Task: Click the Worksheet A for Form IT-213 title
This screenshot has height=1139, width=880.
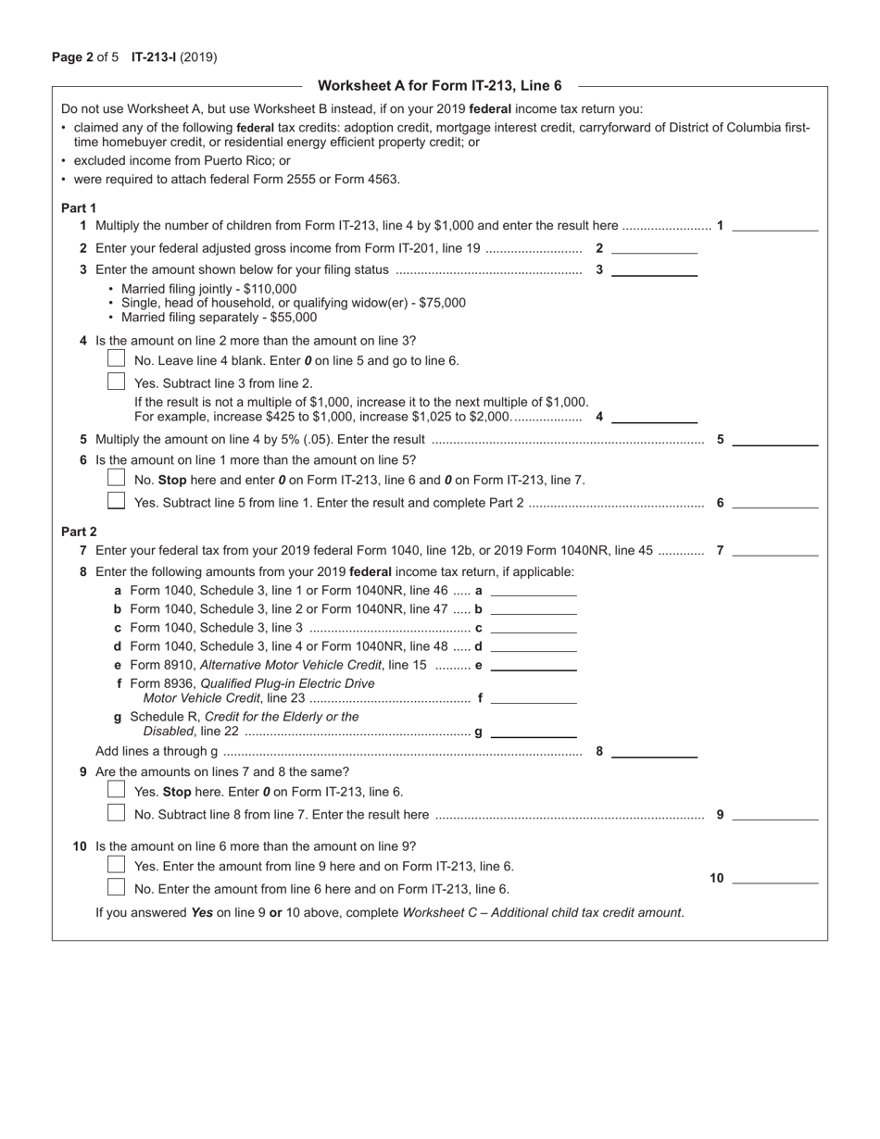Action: coord(439,85)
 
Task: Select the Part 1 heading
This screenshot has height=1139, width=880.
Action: coord(79,207)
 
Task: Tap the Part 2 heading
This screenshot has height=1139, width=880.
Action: coord(79,532)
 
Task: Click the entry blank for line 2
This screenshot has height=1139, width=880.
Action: coord(654,247)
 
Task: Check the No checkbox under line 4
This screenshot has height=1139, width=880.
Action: coord(116,358)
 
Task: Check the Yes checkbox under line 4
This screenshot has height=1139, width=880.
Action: coord(116,381)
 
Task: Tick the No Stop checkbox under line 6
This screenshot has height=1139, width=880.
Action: coord(116,478)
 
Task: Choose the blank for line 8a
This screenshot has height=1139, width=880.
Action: coord(533,590)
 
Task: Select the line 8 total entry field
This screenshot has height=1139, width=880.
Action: coord(654,751)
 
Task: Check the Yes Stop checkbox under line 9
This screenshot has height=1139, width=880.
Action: coord(116,790)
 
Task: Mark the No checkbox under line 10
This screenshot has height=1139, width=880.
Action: coord(116,887)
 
